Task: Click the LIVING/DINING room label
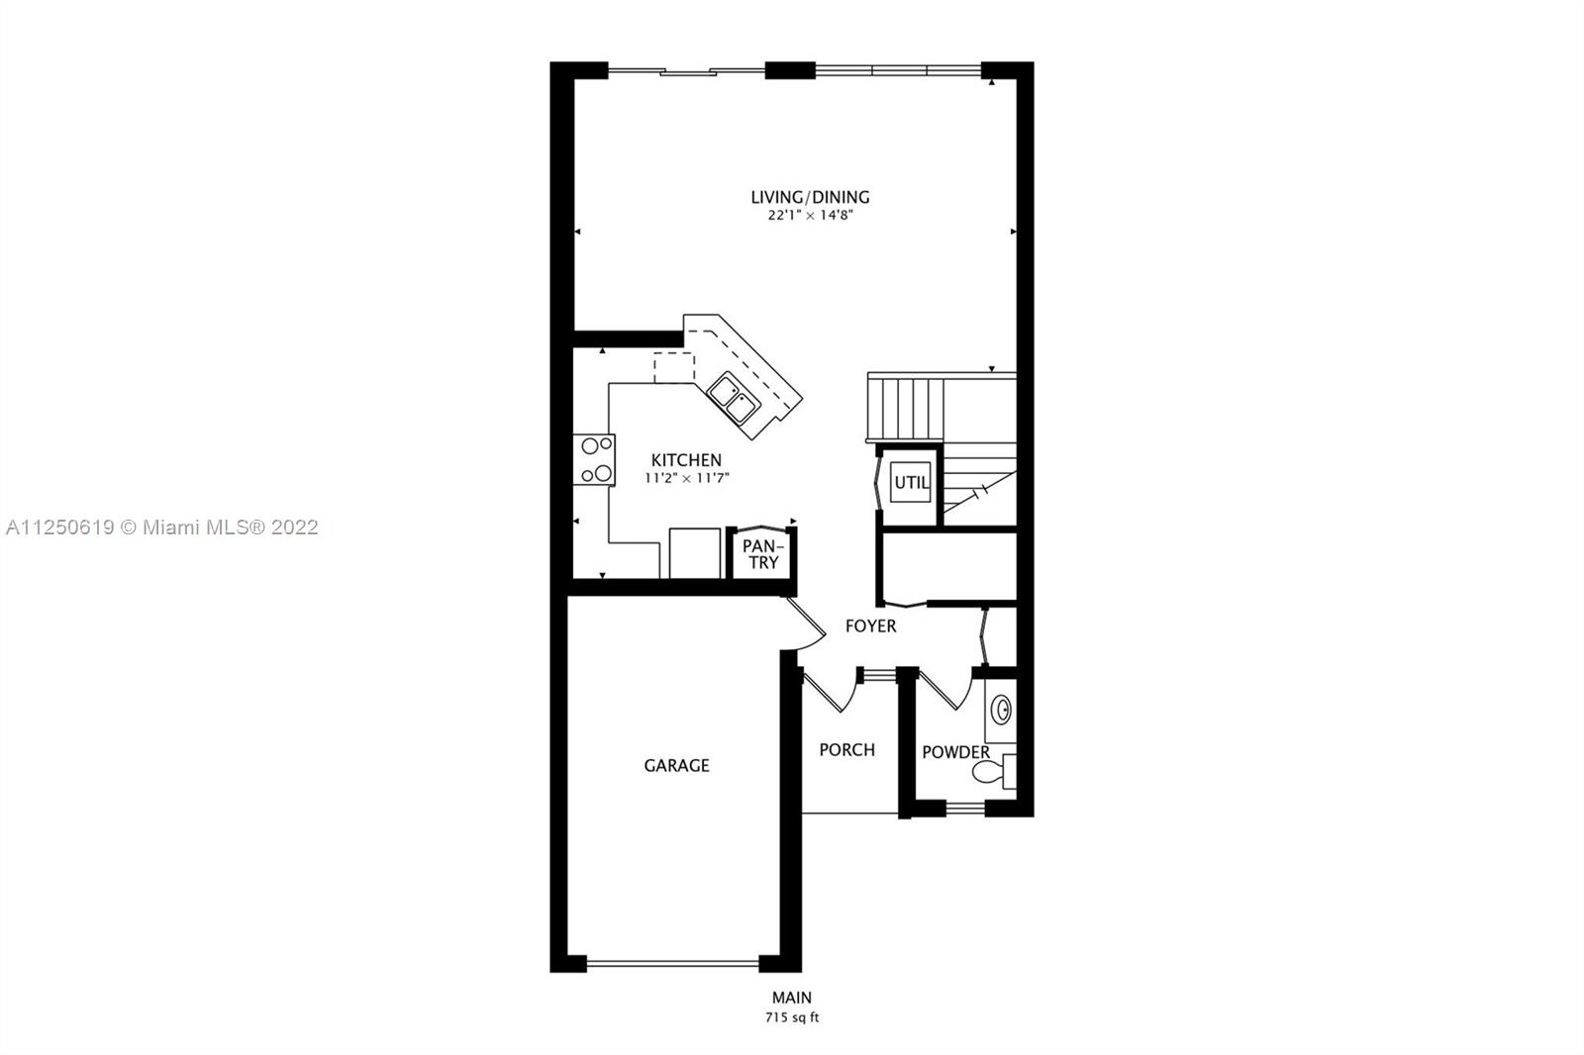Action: click(x=810, y=197)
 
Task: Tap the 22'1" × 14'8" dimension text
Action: click(x=811, y=215)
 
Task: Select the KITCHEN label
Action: click(x=686, y=459)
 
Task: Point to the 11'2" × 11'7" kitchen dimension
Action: click(x=686, y=478)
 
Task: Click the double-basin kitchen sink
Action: click(x=734, y=398)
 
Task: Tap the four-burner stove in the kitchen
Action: click(x=594, y=459)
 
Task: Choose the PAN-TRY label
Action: click(x=763, y=554)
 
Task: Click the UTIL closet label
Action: click(x=911, y=482)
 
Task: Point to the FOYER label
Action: click(x=870, y=625)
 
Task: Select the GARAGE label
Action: click(x=676, y=765)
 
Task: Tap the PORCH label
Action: click(x=846, y=749)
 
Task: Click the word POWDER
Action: click(x=955, y=752)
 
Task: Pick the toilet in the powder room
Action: click(x=994, y=771)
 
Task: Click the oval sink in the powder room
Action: click(x=1001, y=710)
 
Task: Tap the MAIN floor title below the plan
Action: click(x=791, y=998)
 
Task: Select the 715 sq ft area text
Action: click(x=791, y=1018)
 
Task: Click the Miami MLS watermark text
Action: click(x=162, y=527)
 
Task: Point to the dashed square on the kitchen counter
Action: click(x=674, y=368)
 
